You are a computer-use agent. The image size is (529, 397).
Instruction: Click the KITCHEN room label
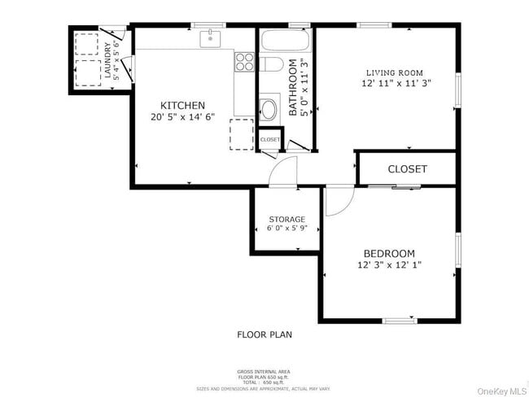(182, 105)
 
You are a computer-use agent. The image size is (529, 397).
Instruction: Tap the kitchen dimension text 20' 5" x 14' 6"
(182, 117)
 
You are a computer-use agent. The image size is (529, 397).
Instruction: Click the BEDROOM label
(389, 253)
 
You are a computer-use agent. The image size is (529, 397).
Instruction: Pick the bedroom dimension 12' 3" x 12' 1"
(389, 264)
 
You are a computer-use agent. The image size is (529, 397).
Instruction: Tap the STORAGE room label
(286, 219)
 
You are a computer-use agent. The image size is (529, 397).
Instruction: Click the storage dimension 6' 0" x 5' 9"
(286, 229)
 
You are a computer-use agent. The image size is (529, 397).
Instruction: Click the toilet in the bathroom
(268, 107)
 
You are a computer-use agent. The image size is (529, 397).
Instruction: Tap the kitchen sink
(211, 37)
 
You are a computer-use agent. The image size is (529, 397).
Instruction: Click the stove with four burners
(244, 59)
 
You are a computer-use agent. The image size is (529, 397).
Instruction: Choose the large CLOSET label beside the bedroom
(407, 169)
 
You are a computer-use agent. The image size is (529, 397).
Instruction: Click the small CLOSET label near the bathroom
(269, 140)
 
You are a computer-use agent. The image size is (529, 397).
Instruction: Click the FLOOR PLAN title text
(264, 334)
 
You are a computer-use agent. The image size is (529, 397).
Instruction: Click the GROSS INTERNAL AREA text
(264, 372)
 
